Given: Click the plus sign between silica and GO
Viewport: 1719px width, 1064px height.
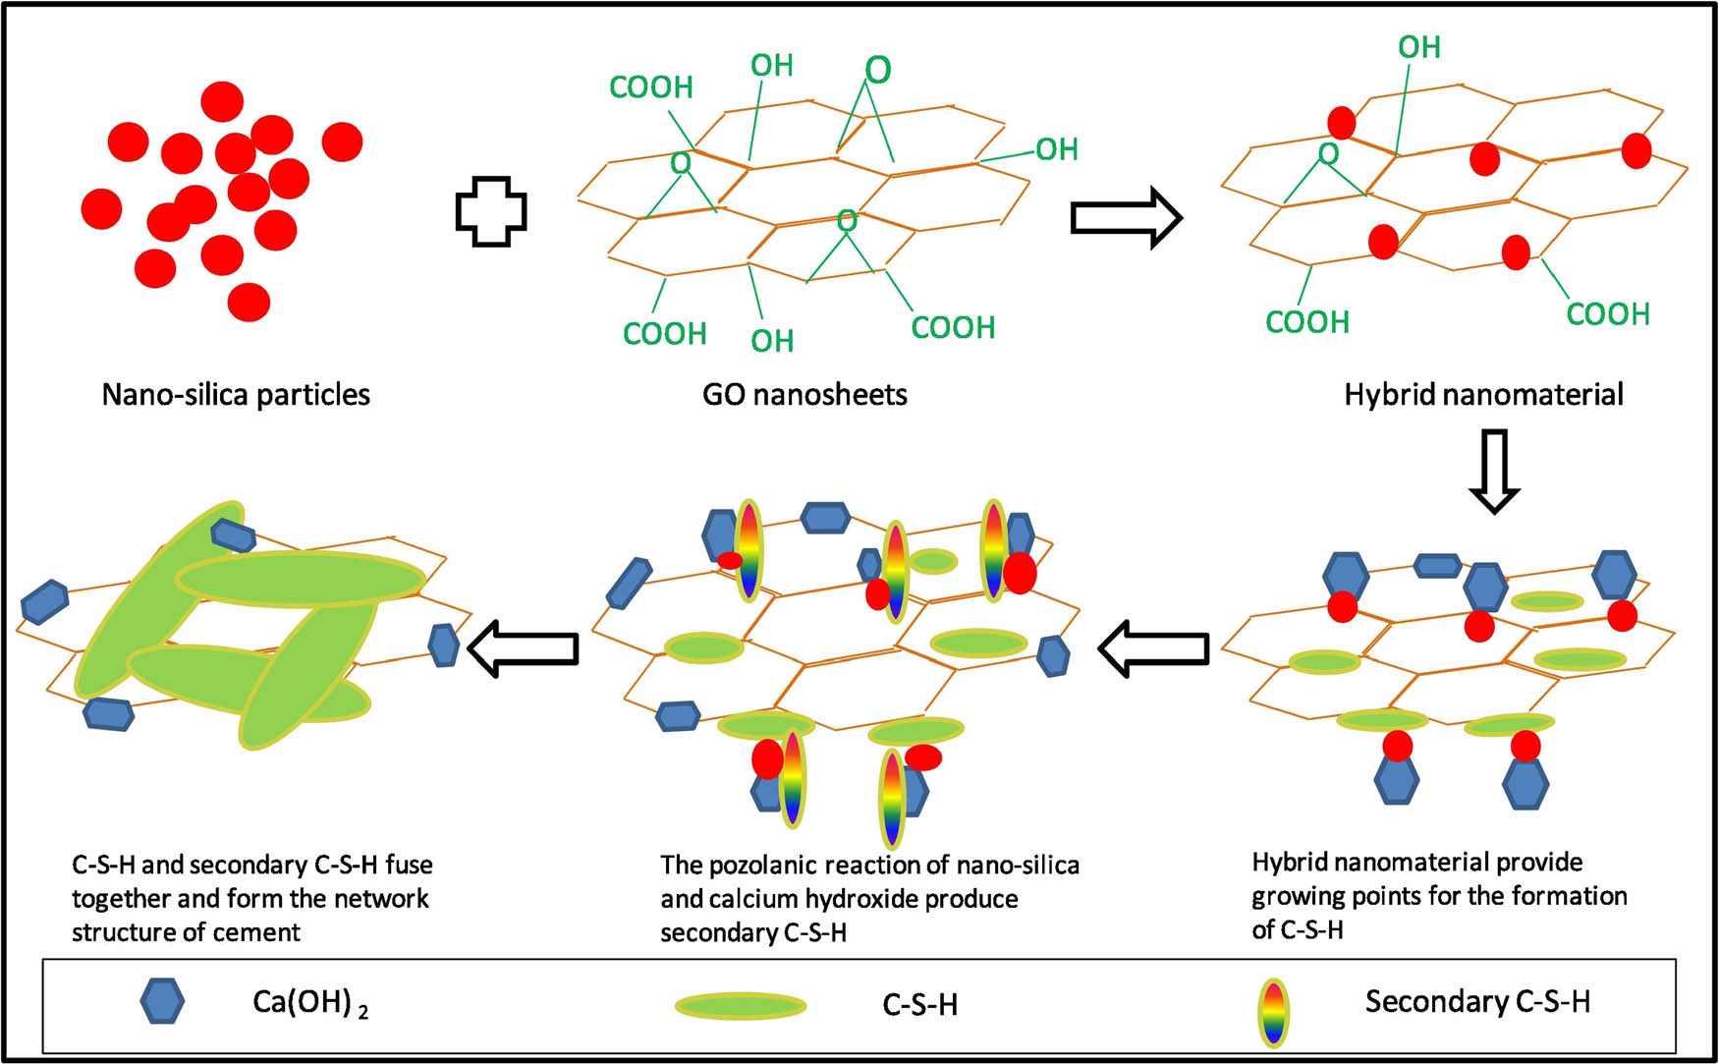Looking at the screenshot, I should (491, 211).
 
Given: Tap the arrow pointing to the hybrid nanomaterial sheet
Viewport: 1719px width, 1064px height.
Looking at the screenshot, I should (1126, 217).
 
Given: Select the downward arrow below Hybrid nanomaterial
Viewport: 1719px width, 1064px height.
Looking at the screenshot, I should (1493, 471).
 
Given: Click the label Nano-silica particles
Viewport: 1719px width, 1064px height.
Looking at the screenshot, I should (236, 395).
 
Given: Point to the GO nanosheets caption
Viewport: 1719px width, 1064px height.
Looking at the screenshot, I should (804, 395).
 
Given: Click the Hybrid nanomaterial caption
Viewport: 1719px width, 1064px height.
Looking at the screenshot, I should (1483, 395).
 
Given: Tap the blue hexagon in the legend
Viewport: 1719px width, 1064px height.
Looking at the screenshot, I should (162, 1002).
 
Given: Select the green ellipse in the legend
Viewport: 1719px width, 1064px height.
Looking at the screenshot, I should (741, 1005).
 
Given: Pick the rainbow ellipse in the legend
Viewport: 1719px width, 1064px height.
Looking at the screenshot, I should (1274, 1012).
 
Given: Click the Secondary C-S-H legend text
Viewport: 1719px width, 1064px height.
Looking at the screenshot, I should (1477, 1002).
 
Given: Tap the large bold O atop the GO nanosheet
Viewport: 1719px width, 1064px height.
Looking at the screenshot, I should (878, 70).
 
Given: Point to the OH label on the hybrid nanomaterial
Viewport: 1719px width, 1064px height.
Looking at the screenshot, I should (1419, 47).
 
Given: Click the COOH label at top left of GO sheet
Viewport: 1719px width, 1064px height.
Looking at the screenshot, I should (651, 87).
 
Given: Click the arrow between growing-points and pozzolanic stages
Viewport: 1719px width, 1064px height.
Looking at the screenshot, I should (1153, 648).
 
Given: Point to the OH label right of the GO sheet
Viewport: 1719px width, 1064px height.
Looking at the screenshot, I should (1057, 149).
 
